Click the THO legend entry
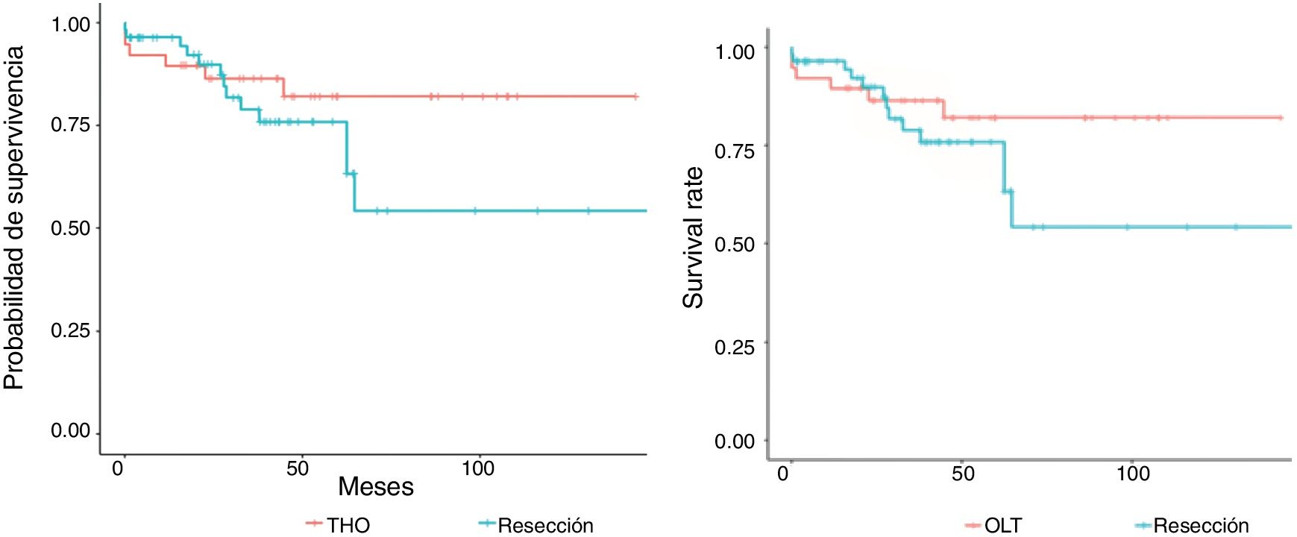coord(348,525)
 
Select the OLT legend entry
coord(1002,525)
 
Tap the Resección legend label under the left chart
coord(545,525)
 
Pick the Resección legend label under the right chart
coord(1201,525)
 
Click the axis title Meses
coord(375,487)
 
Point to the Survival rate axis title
coord(694,237)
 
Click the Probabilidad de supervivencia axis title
coord(15,218)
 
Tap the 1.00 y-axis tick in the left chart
coord(70,25)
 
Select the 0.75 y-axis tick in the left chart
coord(70,125)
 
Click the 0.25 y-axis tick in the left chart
coord(70,330)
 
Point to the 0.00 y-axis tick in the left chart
coord(70,431)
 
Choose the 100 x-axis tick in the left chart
coord(477,468)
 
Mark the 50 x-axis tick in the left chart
coord(297,468)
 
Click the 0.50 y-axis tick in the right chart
coord(735,245)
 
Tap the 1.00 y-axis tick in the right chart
coord(735,51)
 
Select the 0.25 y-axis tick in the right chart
coord(735,347)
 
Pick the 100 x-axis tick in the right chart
coord(1132,474)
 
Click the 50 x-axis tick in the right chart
coord(962,474)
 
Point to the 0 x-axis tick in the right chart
coord(782,474)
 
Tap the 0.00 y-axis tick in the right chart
coord(735,442)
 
